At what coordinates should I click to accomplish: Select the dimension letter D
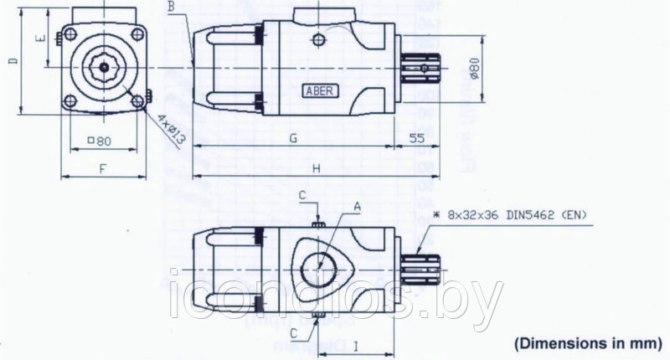[x=11, y=63]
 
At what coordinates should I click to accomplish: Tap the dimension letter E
[x=39, y=39]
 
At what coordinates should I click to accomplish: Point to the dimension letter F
[x=101, y=168]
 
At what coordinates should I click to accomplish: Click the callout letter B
[x=172, y=8]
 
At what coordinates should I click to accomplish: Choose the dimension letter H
[x=317, y=168]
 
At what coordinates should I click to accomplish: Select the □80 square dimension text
[x=101, y=140]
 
